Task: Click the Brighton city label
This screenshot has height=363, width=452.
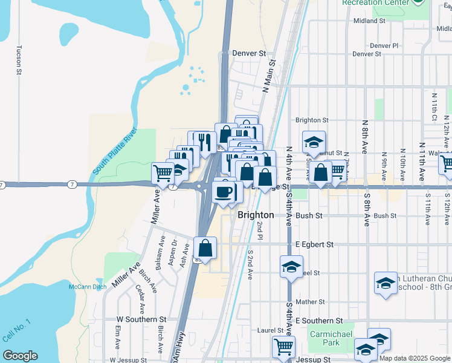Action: [256, 215]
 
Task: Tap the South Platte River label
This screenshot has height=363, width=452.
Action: [116, 153]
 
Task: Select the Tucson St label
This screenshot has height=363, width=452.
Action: [19, 60]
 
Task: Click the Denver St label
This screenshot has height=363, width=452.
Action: [250, 53]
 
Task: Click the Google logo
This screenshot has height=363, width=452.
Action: [20, 356]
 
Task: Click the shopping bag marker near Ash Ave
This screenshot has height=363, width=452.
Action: [205, 247]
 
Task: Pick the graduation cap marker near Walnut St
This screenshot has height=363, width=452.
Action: [314, 142]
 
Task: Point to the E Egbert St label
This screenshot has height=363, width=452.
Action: [314, 244]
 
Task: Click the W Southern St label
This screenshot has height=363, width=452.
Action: [141, 319]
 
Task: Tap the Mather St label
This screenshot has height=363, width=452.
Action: [311, 301]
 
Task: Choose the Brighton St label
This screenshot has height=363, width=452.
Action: [312, 120]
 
